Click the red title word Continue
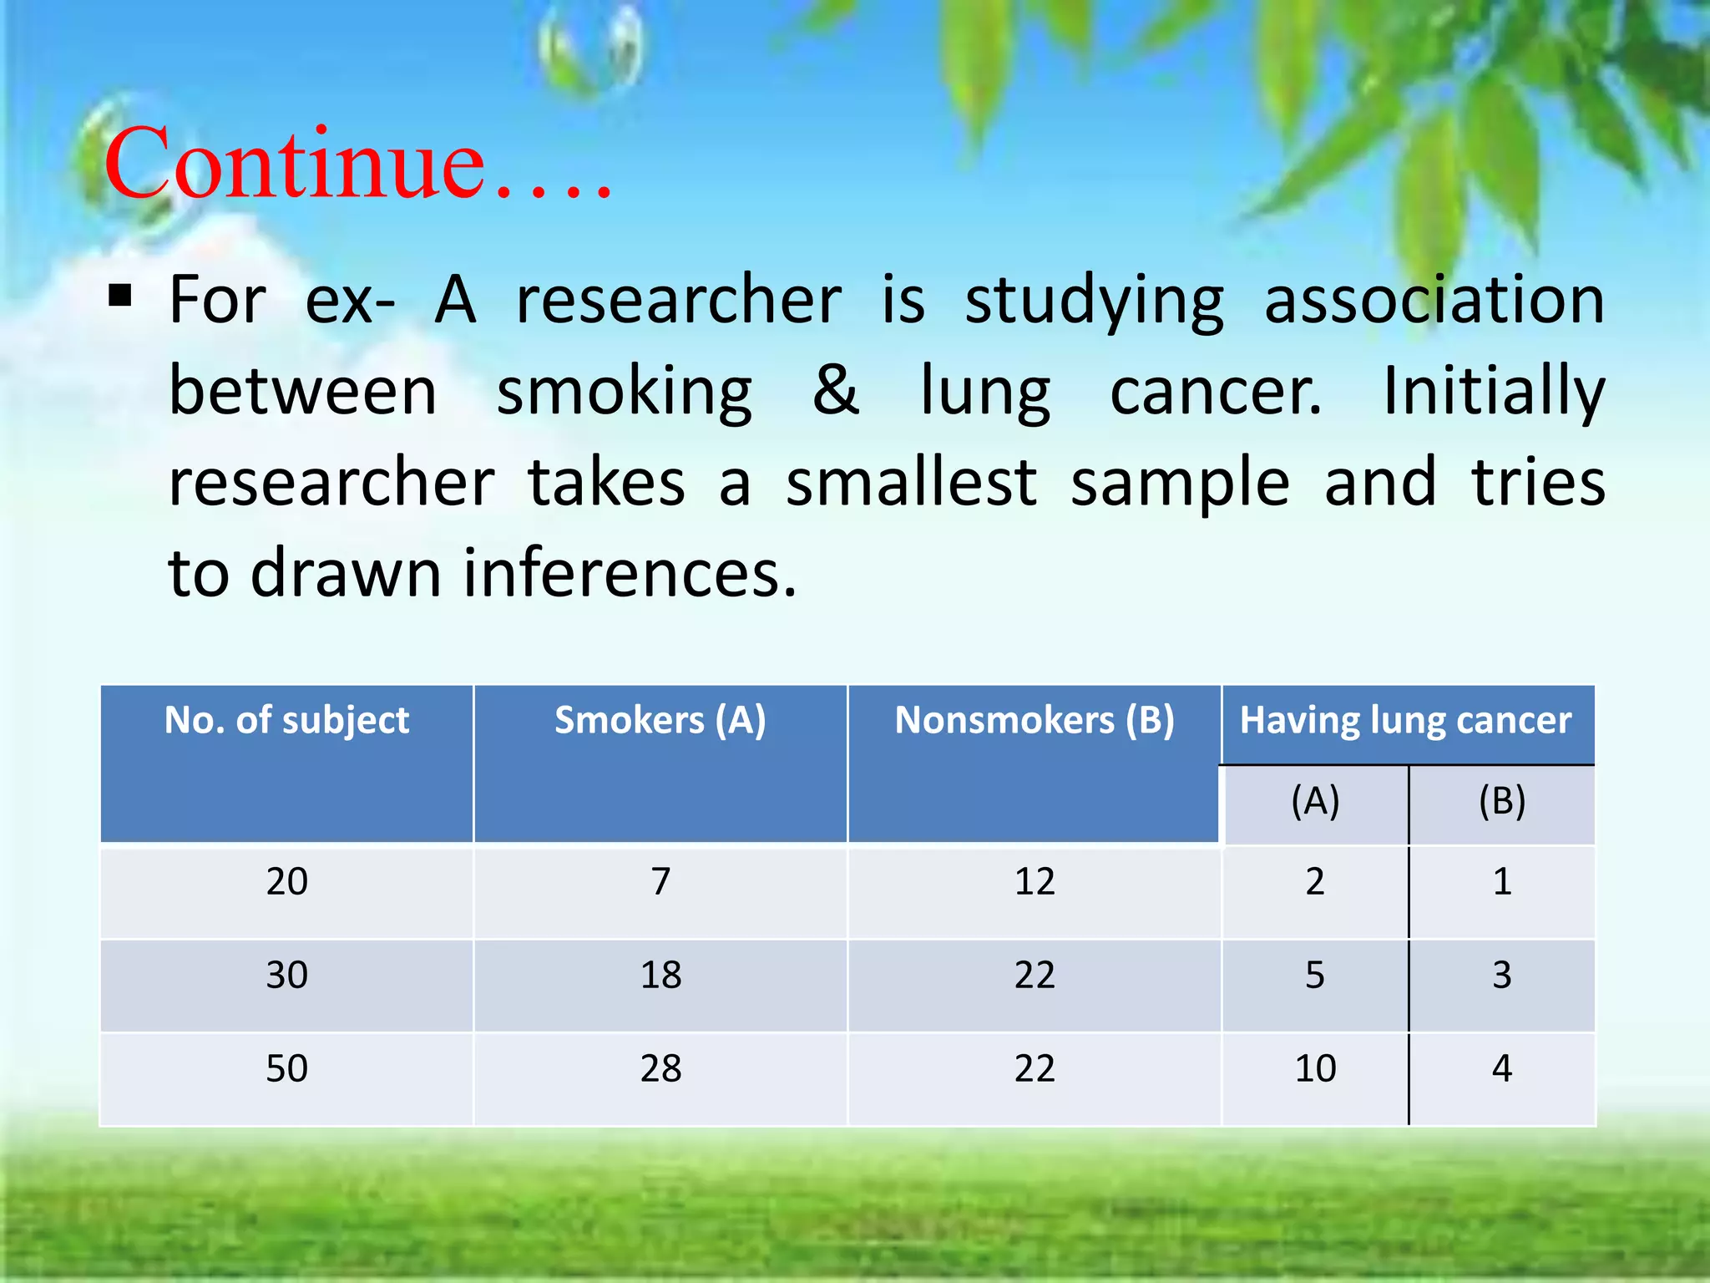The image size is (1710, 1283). tap(294, 164)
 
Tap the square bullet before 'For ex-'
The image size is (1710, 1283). tap(120, 296)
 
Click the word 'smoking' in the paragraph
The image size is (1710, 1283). tap(624, 393)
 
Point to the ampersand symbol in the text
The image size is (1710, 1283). tap(836, 390)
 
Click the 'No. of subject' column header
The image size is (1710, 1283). tap(286, 720)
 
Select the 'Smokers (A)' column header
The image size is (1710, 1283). tap(660, 720)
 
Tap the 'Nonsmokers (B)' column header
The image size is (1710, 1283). tap(1034, 720)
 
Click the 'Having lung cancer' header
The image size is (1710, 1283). tap(1405, 720)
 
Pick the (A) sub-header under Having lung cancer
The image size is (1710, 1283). tap(1315, 802)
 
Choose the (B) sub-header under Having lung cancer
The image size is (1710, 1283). tap(1501, 802)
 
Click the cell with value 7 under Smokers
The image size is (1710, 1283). tap(660, 882)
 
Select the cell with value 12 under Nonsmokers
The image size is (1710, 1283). tap(1035, 882)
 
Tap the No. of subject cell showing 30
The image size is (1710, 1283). tap(286, 976)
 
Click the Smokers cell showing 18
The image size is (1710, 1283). tap(660, 976)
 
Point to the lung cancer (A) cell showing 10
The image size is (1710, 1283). tap(1315, 1069)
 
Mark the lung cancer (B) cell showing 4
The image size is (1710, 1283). tap(1501, 1069)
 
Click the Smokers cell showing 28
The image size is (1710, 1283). tap(660, 1069)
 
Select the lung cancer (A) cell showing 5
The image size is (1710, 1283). tap(1315, 976)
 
